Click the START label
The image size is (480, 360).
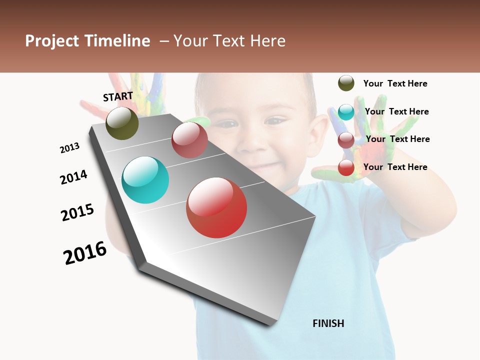point(118,96)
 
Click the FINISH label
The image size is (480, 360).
point(328,323)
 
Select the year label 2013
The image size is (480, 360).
point(69,148)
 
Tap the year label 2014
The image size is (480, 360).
point(73,177)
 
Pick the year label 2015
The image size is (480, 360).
point(77,212)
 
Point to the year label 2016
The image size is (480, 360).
point(85,253)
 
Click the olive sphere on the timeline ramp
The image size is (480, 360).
point(122,123)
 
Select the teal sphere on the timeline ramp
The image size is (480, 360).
point(145,180)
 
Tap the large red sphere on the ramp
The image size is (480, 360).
point(216,207)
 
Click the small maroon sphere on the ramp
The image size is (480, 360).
point(189,140)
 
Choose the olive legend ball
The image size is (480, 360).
point(346,83)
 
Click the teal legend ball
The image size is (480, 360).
point(346,112)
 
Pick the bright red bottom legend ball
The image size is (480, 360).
point(346,168)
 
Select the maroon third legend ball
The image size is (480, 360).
point(346,140)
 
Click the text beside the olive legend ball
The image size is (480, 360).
point(395,83)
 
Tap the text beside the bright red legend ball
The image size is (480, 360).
point(395,167)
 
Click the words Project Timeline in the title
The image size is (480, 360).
point(87,41)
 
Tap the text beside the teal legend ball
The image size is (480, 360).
point(396,111)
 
